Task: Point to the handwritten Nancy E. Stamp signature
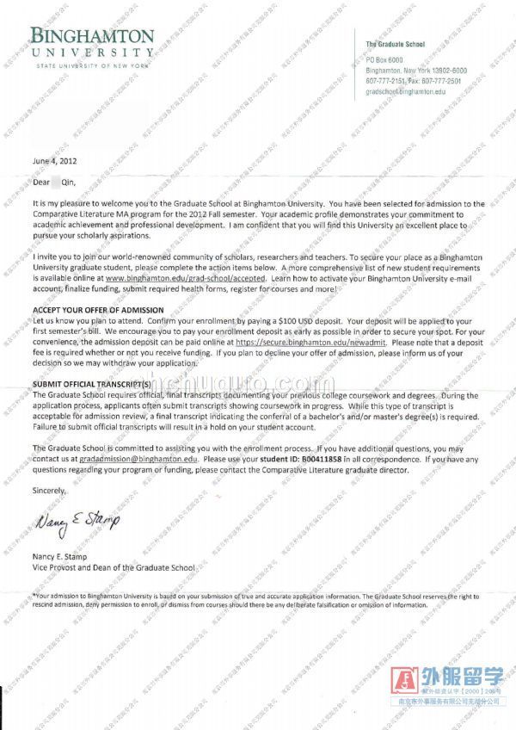(77, 519)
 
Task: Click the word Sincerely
(48, 490)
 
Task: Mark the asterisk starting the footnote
(34, 594)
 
